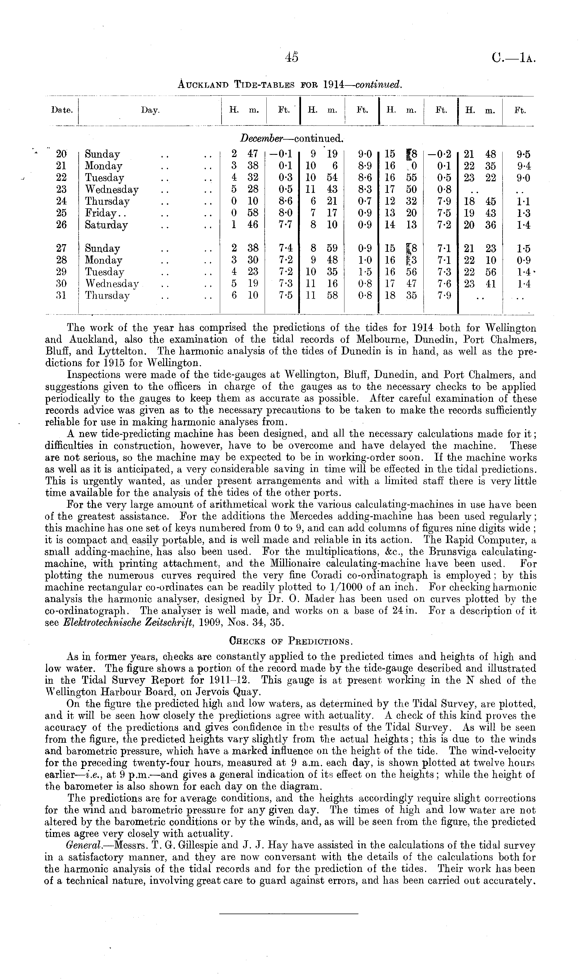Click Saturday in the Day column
click(106, 225)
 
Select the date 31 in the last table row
click(61, 296)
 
